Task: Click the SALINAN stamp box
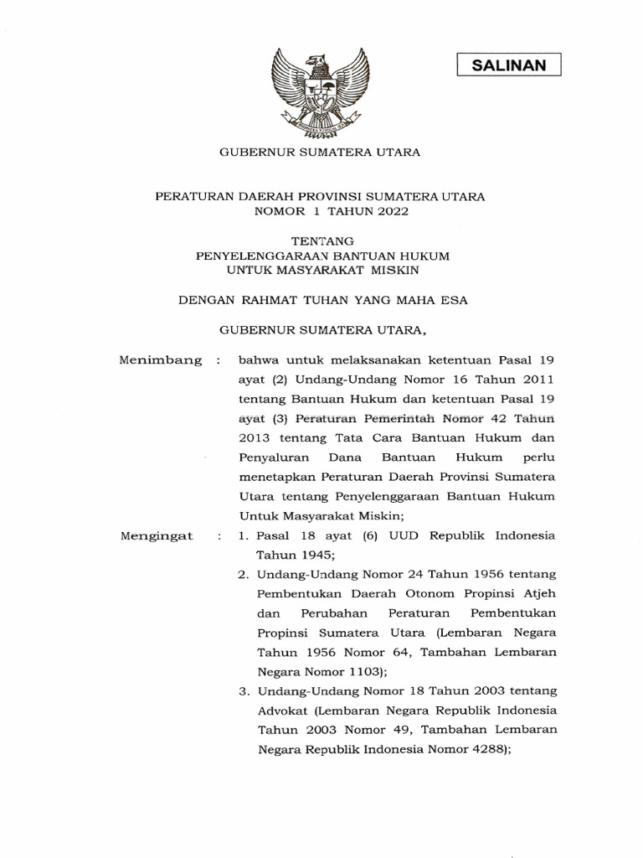coord(508,65)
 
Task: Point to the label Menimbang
coord(162,359)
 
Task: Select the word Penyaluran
coord(273,457)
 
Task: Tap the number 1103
coord(358,672)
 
